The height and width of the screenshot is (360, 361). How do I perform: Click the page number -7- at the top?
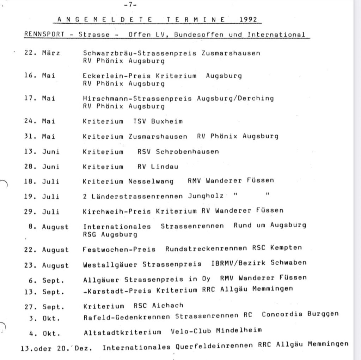point(130,5)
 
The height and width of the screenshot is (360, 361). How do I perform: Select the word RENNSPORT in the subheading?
point(45,34)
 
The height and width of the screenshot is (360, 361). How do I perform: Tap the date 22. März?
point(42,53)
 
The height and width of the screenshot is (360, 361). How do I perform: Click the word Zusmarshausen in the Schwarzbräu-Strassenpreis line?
point(231,53)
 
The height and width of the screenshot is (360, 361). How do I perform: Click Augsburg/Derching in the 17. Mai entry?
point(235,98)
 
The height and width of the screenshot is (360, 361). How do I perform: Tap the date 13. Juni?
point(42,152)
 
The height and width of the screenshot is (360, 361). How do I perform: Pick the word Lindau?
point(165,167)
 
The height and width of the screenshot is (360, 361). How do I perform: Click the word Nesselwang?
point(151,181)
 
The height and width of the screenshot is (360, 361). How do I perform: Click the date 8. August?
point(48,227)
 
